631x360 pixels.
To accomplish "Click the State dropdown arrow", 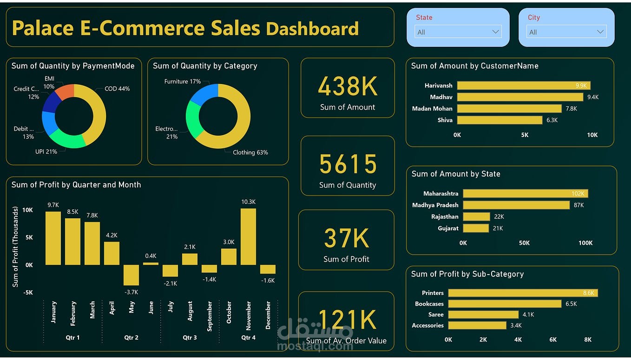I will [495, 32].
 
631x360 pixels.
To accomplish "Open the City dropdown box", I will [566, 32].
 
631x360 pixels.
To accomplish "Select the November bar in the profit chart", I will [248, 236].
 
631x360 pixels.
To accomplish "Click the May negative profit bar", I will [131, 275].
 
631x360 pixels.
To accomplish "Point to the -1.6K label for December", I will [268, 281].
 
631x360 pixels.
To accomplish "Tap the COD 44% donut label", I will [117, 89].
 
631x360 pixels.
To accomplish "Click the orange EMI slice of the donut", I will [66, 92].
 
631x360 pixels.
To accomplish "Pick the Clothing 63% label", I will [250, 152].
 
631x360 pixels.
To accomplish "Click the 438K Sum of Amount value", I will [348, 86].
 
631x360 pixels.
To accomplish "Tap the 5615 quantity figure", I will [348, 164].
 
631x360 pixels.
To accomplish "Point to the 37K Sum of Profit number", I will [346, 238].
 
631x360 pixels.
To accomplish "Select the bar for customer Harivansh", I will [523, 85].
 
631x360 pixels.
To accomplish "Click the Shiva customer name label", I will [445, 120].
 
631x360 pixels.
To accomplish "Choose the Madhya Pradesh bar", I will [516, 205].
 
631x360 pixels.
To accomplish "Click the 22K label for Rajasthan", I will [499, 216].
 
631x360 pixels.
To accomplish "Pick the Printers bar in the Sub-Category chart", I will [523, 293].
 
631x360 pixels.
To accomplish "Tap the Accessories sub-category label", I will [427, 325].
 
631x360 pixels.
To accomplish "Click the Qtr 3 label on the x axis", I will [190, 337].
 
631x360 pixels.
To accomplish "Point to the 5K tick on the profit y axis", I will [29, 237].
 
